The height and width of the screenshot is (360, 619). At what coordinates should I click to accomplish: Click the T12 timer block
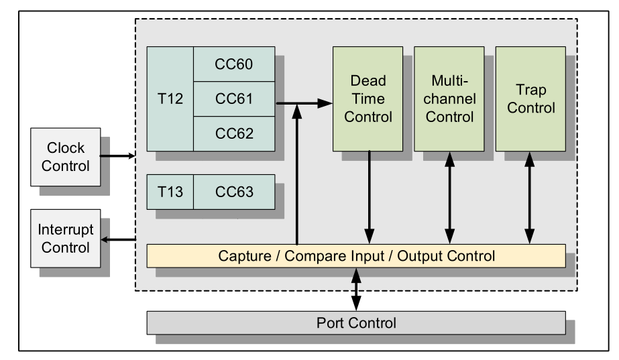(x=170, y=99)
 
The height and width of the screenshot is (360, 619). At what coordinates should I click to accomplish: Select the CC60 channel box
(x=234, y=64)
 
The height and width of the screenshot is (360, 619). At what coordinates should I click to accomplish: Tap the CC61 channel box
(x=234, y=99)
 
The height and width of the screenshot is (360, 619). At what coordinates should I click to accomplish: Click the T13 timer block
(x=170, y=192)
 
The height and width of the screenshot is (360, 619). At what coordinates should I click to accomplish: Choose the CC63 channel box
(x=234, y=192)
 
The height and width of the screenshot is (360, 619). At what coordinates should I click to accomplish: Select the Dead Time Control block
(x=368, y=99)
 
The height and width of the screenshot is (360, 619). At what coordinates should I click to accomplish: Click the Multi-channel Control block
(x=449, y=99)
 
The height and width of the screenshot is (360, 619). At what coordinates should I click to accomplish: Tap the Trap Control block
(x=530, y=99)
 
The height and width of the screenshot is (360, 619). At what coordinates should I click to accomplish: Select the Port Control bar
(x=356, y=322)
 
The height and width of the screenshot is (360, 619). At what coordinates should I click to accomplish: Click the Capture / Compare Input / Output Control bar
(x=356, y=255)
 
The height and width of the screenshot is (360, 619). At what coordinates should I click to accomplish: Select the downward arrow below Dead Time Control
(x=368, y=198)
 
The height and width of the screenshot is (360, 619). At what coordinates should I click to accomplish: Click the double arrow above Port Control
(x=356, y=289)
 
